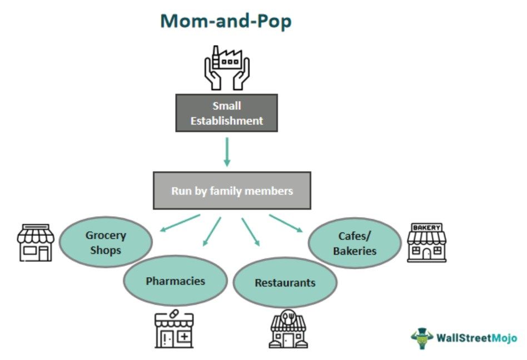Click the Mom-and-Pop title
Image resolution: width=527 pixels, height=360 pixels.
[x=226, y=21]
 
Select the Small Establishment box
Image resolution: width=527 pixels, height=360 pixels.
[x=226, y=113]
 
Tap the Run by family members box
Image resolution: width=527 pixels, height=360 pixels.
[x=232, y=191]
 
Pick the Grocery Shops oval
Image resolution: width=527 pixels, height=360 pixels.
[x=106, y=242]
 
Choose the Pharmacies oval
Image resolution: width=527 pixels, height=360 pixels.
[x=176, y=280]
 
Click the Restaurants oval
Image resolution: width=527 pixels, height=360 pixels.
[x=285, y=283]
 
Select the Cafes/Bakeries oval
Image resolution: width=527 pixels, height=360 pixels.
[x=355, y=243]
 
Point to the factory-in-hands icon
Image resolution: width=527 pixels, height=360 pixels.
[x=227, y=68]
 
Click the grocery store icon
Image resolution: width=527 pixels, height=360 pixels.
[x=36, y=243]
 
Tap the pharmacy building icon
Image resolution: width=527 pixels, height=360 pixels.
[x=174, y=329]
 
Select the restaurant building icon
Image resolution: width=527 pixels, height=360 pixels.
[x=289, y=329]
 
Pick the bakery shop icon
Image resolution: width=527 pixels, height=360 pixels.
[x=426, y=243]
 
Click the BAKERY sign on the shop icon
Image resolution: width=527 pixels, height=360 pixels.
[x=426, y=228]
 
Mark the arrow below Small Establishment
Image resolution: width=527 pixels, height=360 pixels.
[x=227, y=152]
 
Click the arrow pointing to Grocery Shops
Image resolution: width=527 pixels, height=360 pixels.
[x=180, y=223]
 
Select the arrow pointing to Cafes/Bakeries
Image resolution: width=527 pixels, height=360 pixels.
[x=286, y=224]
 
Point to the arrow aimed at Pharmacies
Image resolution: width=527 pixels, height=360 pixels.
[x=212, y=231]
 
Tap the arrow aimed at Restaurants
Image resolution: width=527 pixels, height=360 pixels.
[x=251, y=232]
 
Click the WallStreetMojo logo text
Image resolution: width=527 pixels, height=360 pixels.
[x=476, y=337]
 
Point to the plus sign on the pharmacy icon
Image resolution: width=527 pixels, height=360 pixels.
[x=185, y=336]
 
